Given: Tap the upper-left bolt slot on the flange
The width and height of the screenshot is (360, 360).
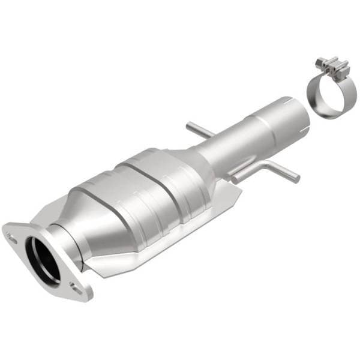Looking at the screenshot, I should tap(12, 236).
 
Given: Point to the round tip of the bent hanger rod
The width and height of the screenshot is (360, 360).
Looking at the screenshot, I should tap(296, 178).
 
